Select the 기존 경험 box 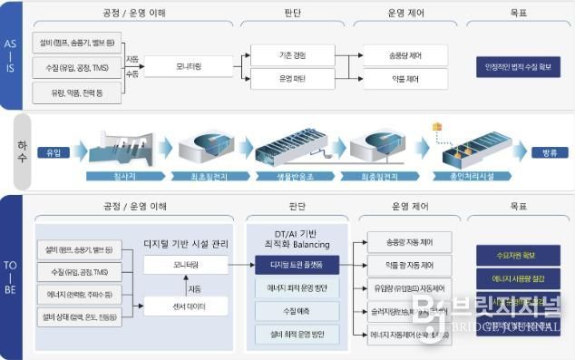[292, 55]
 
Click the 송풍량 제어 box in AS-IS [406, 55]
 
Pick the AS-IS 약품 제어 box [406, 80]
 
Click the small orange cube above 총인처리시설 [437, 127]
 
